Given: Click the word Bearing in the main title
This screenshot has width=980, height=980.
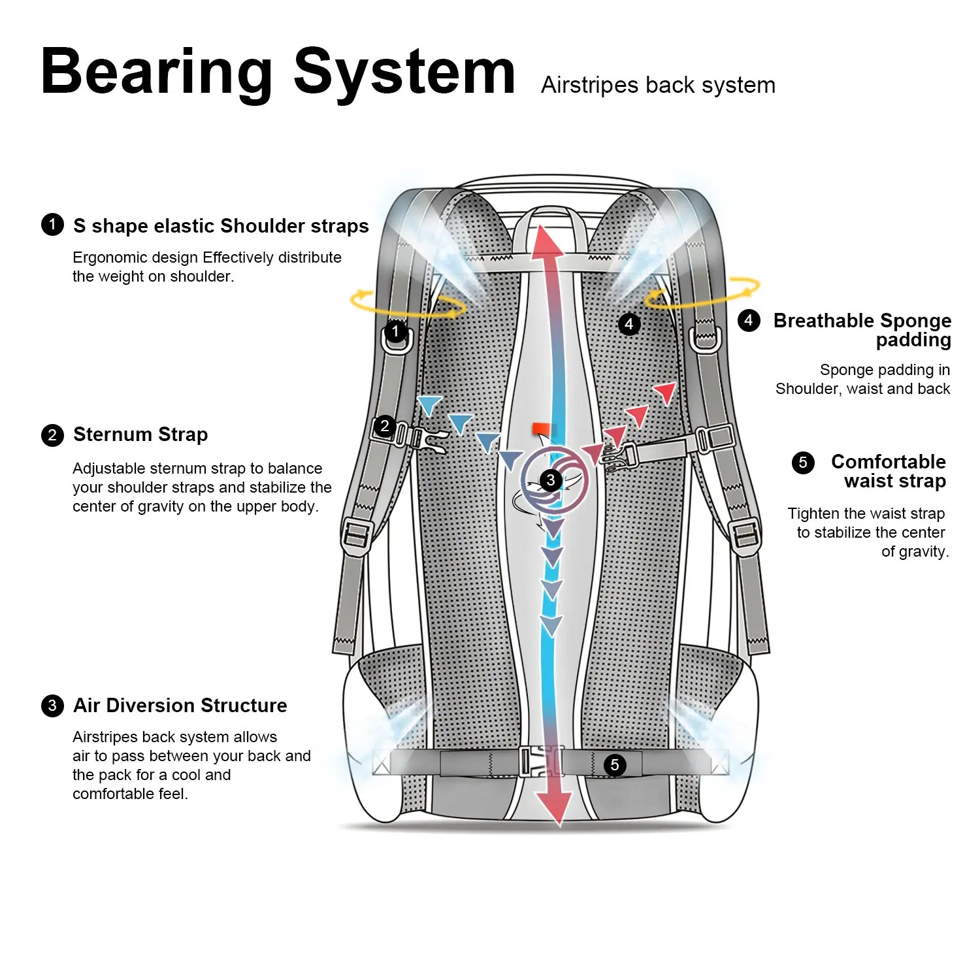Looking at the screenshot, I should point(157,73).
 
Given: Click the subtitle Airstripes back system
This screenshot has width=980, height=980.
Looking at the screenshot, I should point(658,85).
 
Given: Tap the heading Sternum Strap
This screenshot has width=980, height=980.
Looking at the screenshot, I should point(140,434).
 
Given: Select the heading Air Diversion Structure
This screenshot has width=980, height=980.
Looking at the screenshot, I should point(180,706).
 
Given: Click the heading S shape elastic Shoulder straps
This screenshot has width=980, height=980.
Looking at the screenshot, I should point(221,226).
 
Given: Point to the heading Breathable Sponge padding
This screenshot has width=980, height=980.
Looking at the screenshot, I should point(862,330).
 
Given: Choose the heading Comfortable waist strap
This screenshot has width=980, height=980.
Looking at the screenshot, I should point(888,471).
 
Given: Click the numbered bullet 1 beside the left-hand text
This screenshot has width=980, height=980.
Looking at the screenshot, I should point(52,225).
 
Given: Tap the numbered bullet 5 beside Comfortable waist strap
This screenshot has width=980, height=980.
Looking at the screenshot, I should point(803,463).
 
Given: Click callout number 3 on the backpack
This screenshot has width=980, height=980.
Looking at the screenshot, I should point(551,481).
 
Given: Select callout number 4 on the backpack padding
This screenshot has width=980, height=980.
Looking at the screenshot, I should point(629,324).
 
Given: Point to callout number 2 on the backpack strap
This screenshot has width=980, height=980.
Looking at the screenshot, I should point(385,427).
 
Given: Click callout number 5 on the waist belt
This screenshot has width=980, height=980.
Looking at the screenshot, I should point(614,765).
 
